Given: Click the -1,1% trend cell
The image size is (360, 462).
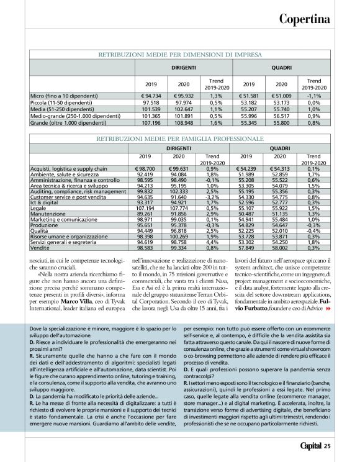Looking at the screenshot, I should [314, 96].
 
